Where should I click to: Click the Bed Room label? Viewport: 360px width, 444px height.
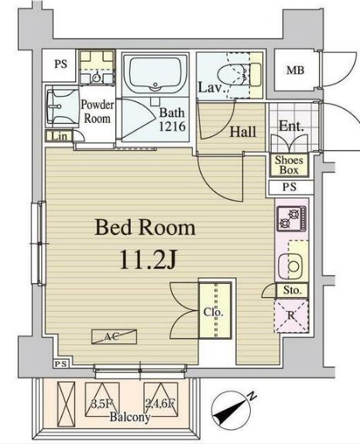point(145,228)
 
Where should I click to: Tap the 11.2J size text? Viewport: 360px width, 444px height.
point(149,259)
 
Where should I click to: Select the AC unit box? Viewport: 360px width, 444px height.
point(114,336)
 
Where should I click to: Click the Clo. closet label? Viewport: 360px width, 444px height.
point(214,312)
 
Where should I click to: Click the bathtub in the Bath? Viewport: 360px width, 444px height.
point(155,74)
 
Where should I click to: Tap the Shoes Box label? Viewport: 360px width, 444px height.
point(289,165)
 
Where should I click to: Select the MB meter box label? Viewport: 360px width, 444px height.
point(296,70)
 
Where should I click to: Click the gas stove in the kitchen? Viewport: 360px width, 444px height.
point(292,218)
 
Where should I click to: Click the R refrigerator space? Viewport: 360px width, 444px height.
point(291,316)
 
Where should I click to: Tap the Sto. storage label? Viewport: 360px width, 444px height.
point(292,290)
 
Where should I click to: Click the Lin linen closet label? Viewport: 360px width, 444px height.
point(60,136)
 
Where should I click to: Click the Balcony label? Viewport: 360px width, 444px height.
point(130,417)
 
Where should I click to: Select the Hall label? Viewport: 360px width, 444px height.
point(242,132)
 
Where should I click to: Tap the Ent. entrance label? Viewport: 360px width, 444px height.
point(291,126)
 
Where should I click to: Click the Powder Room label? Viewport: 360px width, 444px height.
point(98,111)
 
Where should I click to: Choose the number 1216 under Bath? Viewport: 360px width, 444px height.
point(172,126)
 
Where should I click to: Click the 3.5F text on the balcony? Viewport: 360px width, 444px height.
point(101,403)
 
